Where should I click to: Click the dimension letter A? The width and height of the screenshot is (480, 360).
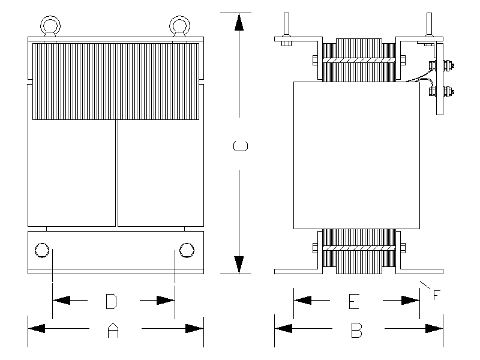[x=111, y=329]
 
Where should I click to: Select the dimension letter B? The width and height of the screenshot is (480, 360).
[x=356, y=329]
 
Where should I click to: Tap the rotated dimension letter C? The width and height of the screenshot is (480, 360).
[x=239, y=146]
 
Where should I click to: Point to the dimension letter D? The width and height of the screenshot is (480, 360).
[x=110, y=301]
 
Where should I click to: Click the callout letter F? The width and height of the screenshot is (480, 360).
[x=436, y=295]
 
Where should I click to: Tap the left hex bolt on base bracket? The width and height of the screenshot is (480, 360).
[x=42, y=250]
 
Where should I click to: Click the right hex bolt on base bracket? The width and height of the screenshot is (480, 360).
[x=187, y=250]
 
